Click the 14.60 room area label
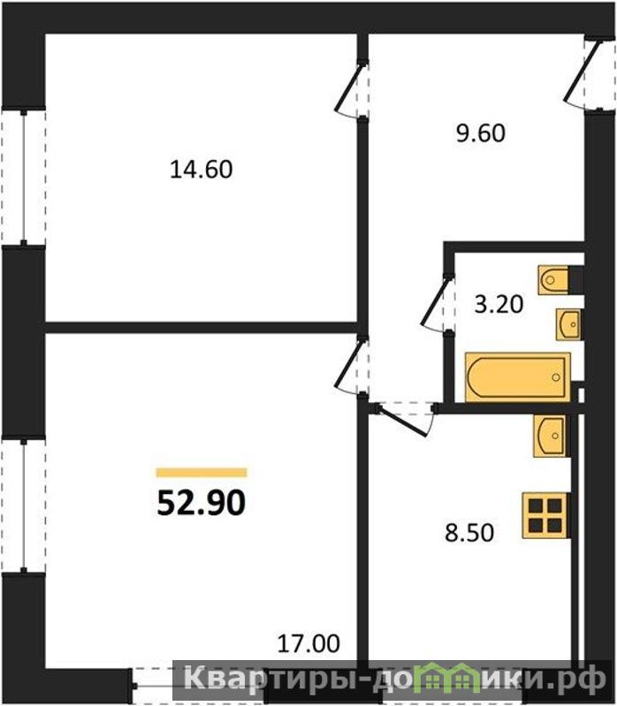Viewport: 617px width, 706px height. coord(202,170)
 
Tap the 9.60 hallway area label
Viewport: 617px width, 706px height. coord(481,133)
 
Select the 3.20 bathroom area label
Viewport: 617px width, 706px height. coord(499,304)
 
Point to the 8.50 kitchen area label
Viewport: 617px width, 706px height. coord(469,533)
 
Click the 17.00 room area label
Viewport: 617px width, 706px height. coord(308,643)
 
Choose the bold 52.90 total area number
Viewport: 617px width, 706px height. coord(202,503)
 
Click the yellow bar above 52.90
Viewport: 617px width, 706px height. coord(202,473)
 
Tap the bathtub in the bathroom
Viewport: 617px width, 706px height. coord(518,377)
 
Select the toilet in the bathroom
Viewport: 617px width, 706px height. coord(554,280)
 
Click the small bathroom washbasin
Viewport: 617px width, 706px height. coord(568,324)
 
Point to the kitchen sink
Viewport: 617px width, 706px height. coord(550,436)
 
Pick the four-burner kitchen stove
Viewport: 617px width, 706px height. coord(545,515)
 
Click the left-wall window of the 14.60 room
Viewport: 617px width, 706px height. coord(23,178)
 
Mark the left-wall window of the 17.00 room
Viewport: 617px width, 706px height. coord(23,506)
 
